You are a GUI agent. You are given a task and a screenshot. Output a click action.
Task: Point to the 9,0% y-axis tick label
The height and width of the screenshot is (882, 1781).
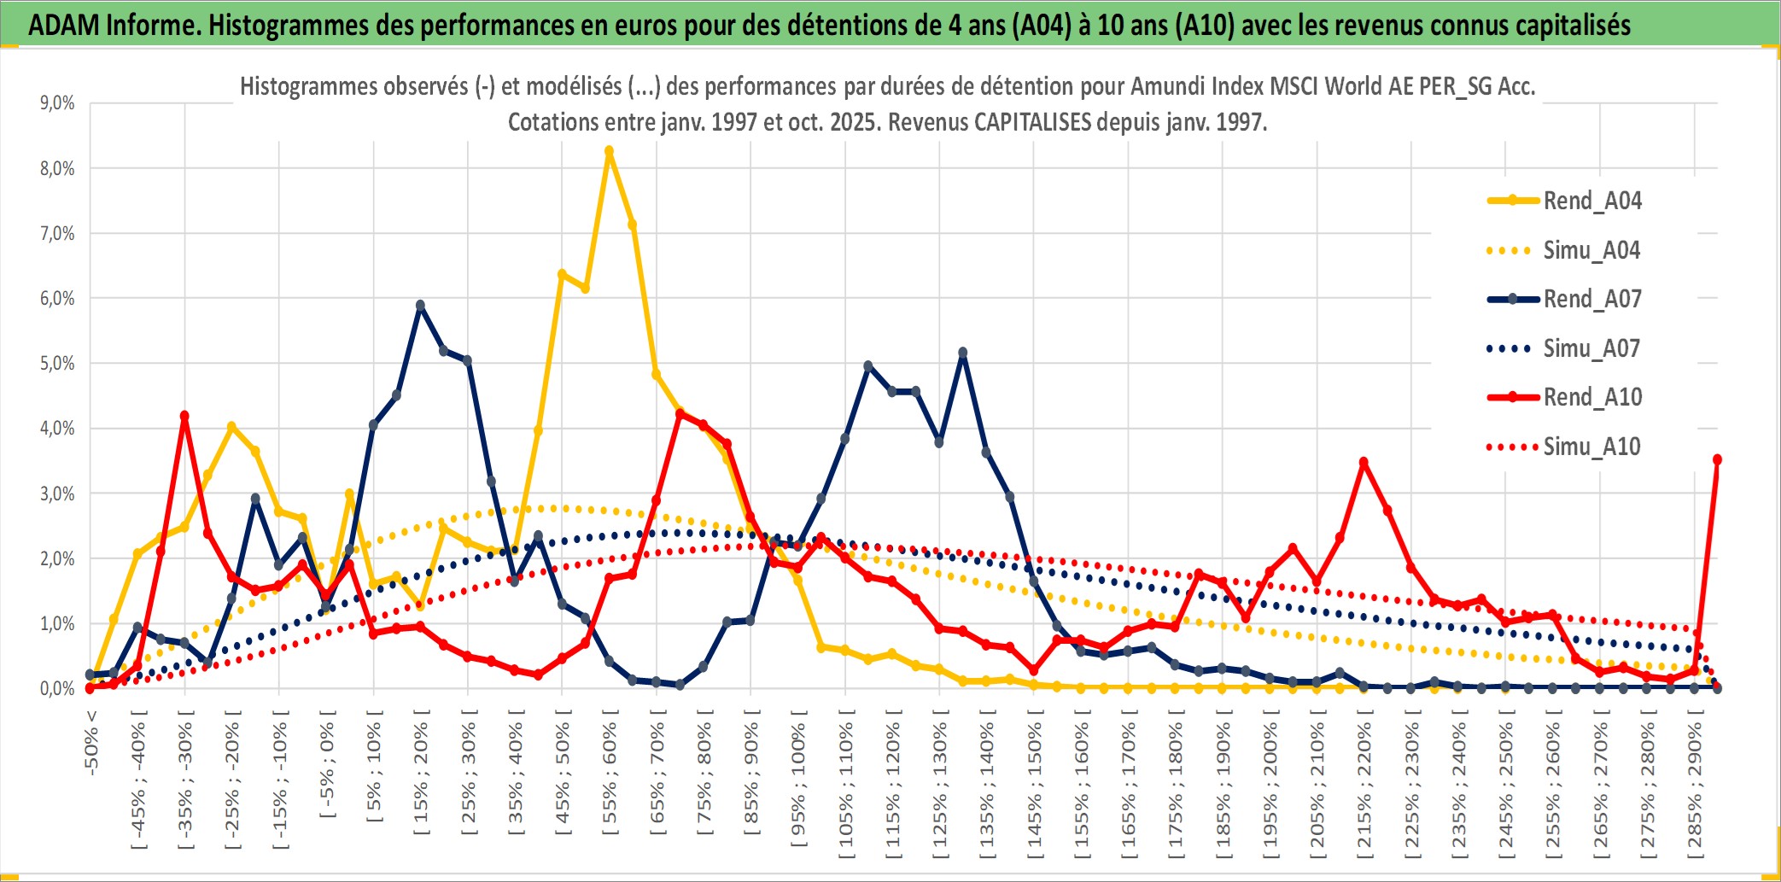(x=57, y=103)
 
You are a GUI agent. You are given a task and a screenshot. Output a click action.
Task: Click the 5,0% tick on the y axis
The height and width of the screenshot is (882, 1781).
(x=57, y=364)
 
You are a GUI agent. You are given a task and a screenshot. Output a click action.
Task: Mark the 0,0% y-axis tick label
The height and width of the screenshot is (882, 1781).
(x=57, y=689)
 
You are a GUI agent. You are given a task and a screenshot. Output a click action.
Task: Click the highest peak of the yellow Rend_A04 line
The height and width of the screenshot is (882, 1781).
(x=609, y=152)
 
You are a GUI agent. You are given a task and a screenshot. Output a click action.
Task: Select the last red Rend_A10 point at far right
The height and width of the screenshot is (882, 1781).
(x=1717, y=459)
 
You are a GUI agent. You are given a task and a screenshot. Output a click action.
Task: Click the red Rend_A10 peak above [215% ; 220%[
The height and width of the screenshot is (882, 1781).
(x=1363, y=463)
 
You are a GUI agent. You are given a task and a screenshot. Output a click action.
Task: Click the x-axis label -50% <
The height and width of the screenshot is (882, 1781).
(x=91, y=743)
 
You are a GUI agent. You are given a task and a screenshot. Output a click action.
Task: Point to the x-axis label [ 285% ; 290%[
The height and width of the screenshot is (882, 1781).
(x=1695, y=790)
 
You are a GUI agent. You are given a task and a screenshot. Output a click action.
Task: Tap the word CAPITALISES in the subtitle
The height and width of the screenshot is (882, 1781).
(x=1032, y=122)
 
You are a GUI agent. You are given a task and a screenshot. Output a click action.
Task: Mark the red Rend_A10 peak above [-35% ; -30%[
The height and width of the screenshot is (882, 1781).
(x=184, y=417)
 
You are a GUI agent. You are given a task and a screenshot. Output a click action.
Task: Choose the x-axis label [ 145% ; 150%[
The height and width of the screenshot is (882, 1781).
(x=1034, y=790)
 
